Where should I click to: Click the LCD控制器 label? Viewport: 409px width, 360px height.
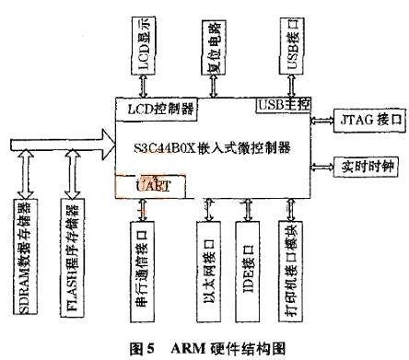(158, 109)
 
